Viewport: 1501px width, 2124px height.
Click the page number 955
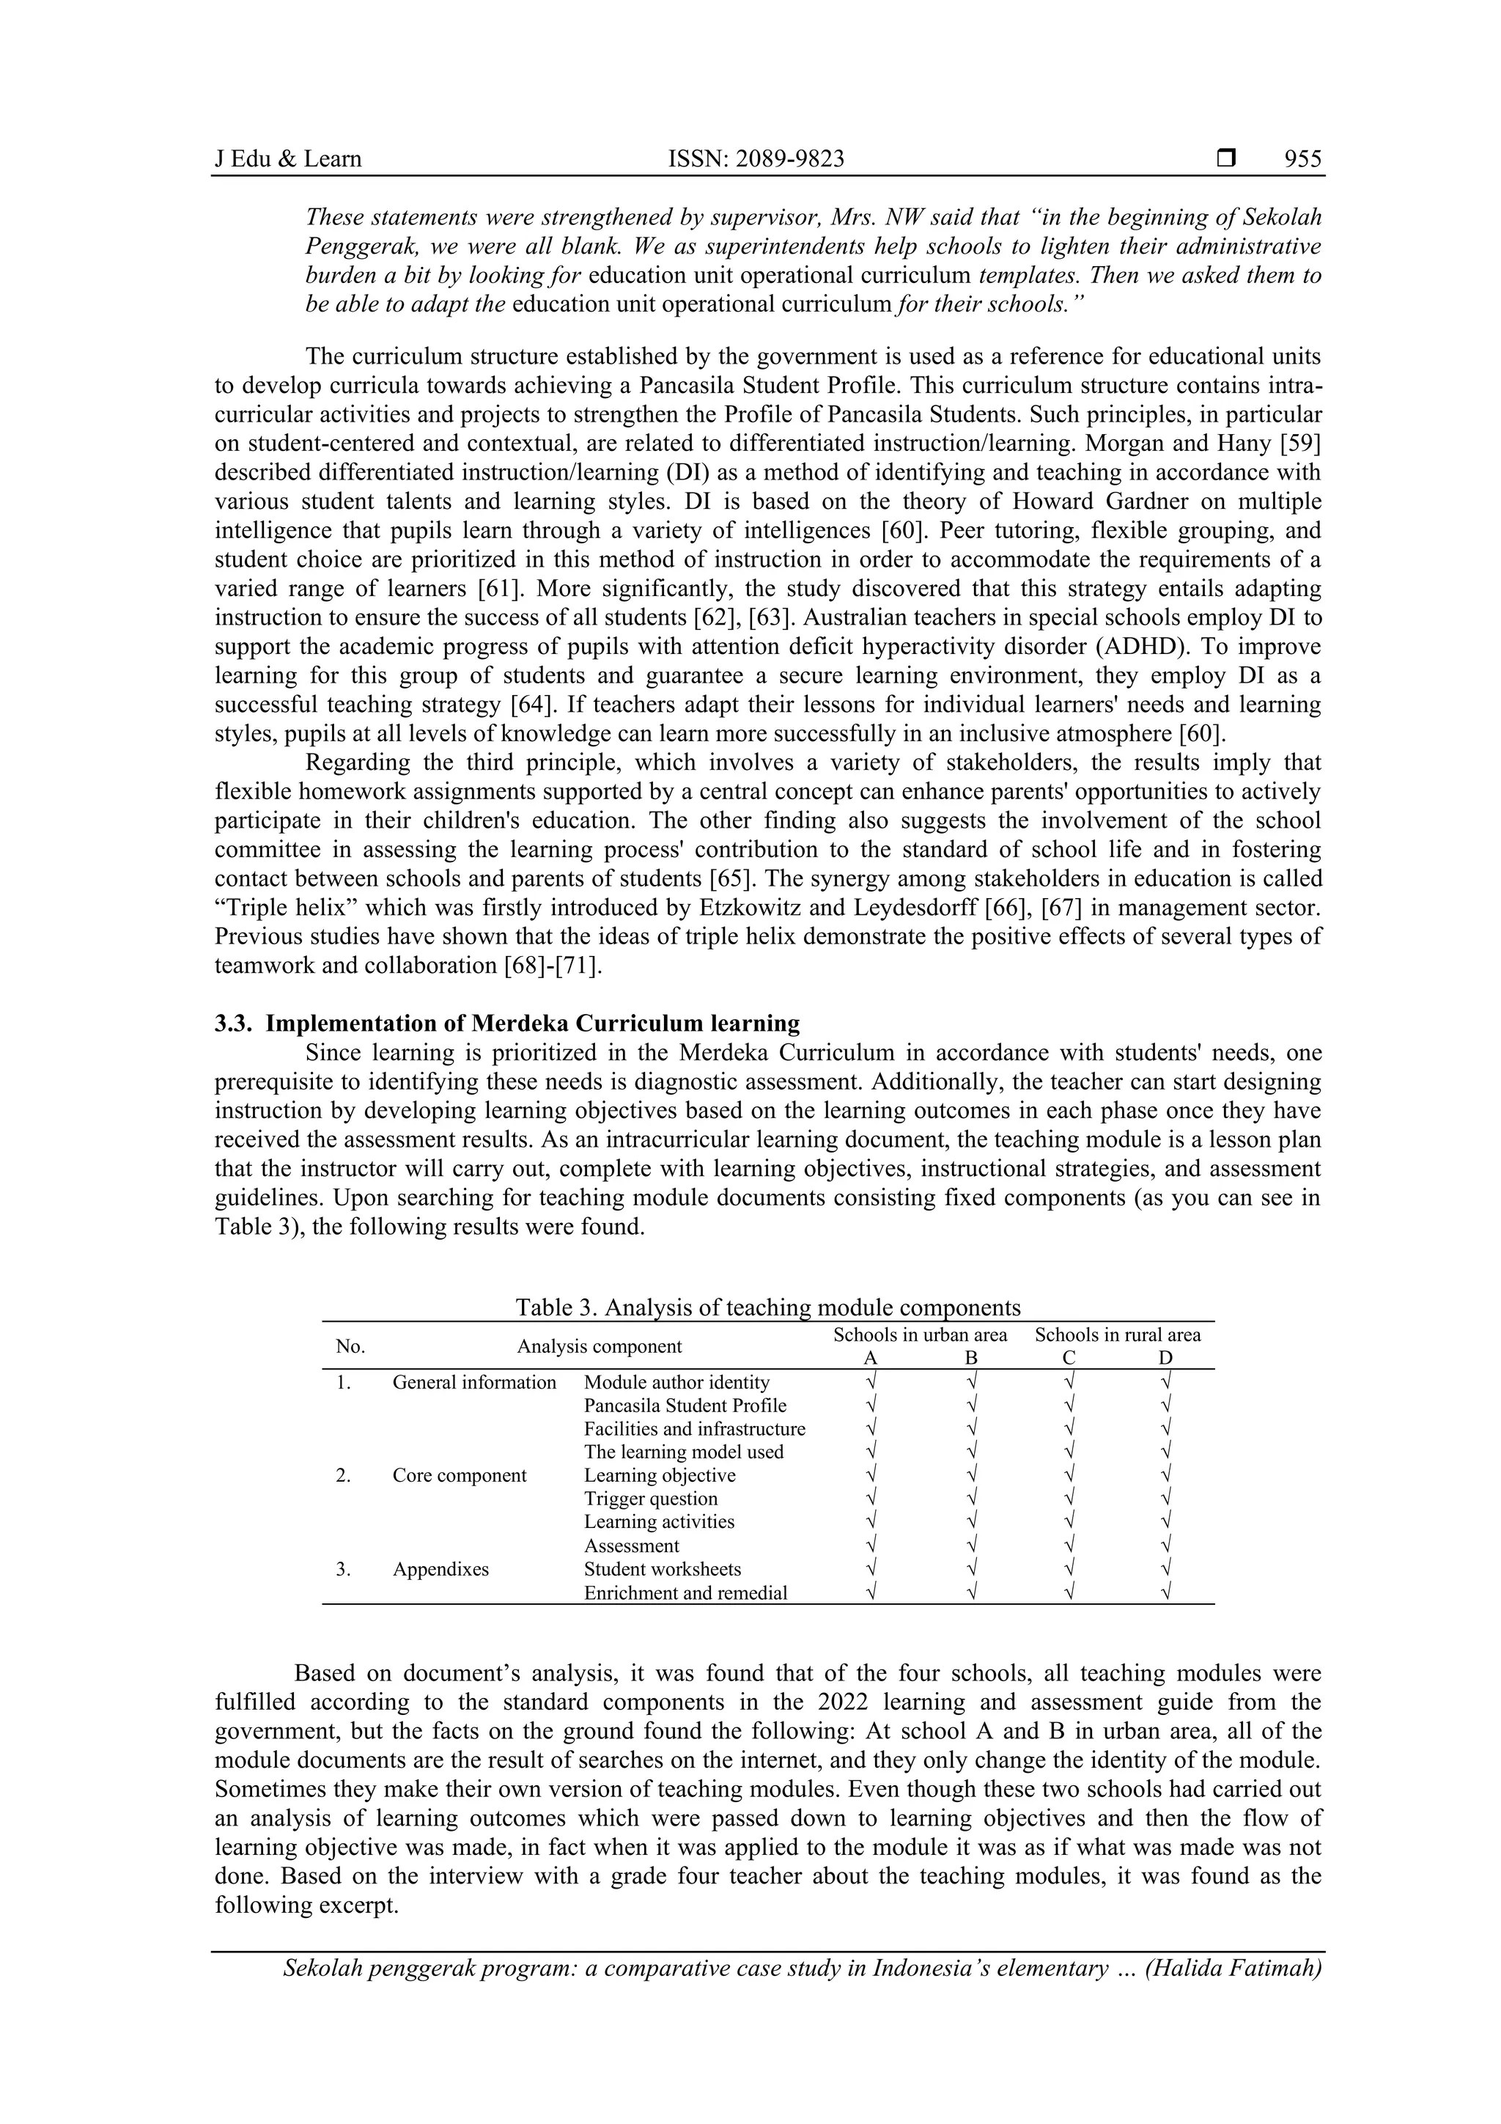pyautogui.click(x=1302, y=159)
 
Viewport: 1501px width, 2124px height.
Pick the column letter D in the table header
pyautogui.click(x=1165, y=1358)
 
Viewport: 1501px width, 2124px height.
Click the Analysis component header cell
pyautogui.click(x=600, y=1347)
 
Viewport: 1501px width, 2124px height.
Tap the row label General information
pyautogui.click(x=474, y=1382)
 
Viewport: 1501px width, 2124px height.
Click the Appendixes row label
pyautogui.click(x=440, y=1569)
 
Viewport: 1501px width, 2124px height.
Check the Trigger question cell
pyautogui.click(x=650, y=1499)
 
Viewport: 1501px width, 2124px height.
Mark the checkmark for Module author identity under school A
pyautogui.click(x=870, y=1382)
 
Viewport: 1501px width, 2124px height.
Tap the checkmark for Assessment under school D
pyautogui.click(x=1165, y=1546)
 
